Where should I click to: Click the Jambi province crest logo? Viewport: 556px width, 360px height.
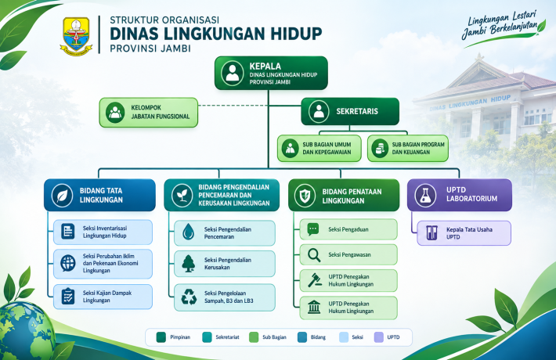click(x=76, y=36)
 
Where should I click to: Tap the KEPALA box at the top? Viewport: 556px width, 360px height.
click(x=271, y=73)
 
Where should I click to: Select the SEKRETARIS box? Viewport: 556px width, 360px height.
click(x=350, y=111)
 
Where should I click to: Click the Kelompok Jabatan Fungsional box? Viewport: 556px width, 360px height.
click(x=149, y=113)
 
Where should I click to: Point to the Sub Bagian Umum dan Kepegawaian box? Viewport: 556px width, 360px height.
click(x=320, y=149)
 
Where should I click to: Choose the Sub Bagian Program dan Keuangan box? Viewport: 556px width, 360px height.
click(x=408, y=149)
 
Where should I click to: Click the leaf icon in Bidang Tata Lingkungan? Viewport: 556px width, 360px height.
click(x=62, y=195)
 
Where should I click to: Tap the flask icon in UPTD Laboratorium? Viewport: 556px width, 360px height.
click(x=425, y=195)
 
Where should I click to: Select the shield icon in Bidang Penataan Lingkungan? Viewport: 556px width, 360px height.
click(x=305, y=196)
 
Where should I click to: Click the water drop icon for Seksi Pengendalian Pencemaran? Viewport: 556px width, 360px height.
click(x=188, y=232)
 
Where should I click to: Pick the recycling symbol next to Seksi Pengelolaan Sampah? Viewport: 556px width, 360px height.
click(x=189, y=297)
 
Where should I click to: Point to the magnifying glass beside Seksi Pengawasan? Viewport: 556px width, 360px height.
click(x=314, y=255)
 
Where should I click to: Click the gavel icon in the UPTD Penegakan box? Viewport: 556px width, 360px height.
click(x=315, y=280)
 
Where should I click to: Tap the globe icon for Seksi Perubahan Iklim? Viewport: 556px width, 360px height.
click(x=67, y=263)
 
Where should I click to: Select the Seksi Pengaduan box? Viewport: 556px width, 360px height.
click(x=348, y=229)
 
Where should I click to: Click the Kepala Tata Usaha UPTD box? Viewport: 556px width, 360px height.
click(x=464, y=233)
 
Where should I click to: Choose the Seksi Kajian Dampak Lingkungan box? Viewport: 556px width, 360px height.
click(x=103, y=297)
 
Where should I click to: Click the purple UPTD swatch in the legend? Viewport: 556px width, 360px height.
click(x=379, y=337)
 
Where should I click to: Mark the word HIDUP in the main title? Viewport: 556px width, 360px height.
click(x=297, y=34)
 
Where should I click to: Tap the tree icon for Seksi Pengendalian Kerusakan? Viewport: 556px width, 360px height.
click(x=188, y=264)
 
